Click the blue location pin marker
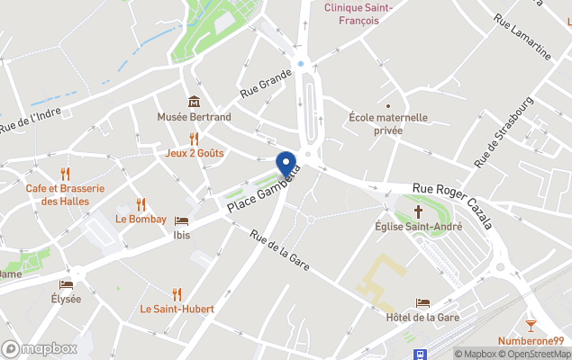(x=286, y=164)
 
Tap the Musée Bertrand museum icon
(x=194, y=102)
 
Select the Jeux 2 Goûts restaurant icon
(x=194, y=138)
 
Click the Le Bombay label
(x=141, y=219)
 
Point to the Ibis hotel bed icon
(x=182, y=220)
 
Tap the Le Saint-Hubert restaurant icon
(x=177, y=293)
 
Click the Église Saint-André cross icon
(x=417, y=211)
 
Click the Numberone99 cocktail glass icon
(x=531, y=325)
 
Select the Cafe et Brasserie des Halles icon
(x=65, y=174)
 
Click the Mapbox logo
(x=38, y=348)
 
